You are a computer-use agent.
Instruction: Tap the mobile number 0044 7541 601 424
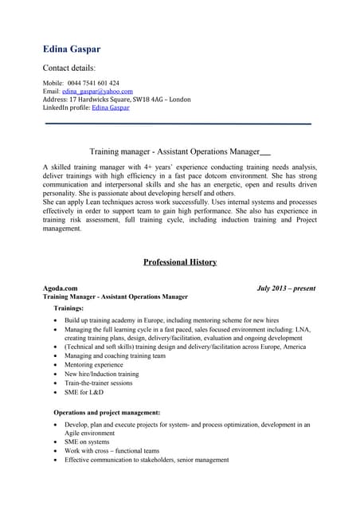click(x=93, y=83)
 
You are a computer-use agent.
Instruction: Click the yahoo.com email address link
click(x=97, y=91)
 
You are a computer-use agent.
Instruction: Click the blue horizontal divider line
click(x=178, y=124)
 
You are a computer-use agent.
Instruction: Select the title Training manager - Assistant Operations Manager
click(x=174, y=151)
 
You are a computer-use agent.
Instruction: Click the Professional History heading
click(x=179, y=261)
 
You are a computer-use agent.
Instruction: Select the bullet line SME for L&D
click(x=84, y=392)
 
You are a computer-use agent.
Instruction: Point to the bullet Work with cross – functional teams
click(x=112, y=450)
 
